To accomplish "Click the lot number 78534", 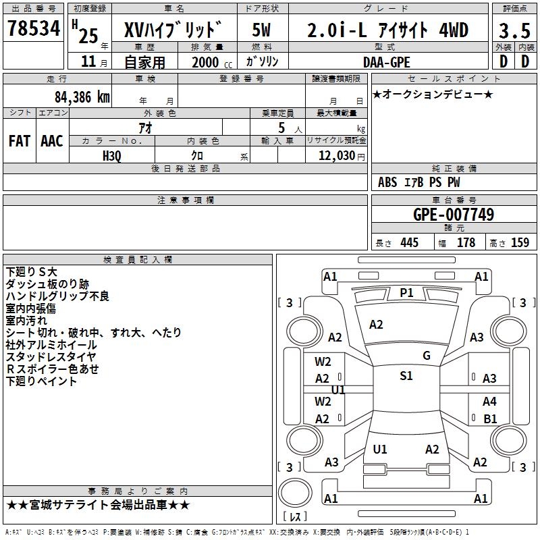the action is point(34,28).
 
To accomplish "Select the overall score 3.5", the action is point(514,30).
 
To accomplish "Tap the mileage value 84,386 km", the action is point(82,97).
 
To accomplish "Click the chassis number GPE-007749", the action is point(454,215).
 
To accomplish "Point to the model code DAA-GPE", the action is point(386,62).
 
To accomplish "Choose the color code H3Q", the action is point(112,156).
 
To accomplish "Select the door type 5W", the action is point(261,30).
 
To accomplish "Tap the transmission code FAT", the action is point(20,141).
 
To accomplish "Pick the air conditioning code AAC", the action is point(52,141).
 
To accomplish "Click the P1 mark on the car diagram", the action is point(406,293).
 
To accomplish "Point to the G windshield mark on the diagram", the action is point(427,356).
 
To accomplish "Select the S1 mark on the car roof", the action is point(406,375).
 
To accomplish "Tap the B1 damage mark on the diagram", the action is point(490,418).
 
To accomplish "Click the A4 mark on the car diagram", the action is point(489,401).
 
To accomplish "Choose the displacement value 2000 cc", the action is point(212,62).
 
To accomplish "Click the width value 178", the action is point(466,242).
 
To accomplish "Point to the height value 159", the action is point(520,242).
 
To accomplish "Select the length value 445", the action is point(409,242).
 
